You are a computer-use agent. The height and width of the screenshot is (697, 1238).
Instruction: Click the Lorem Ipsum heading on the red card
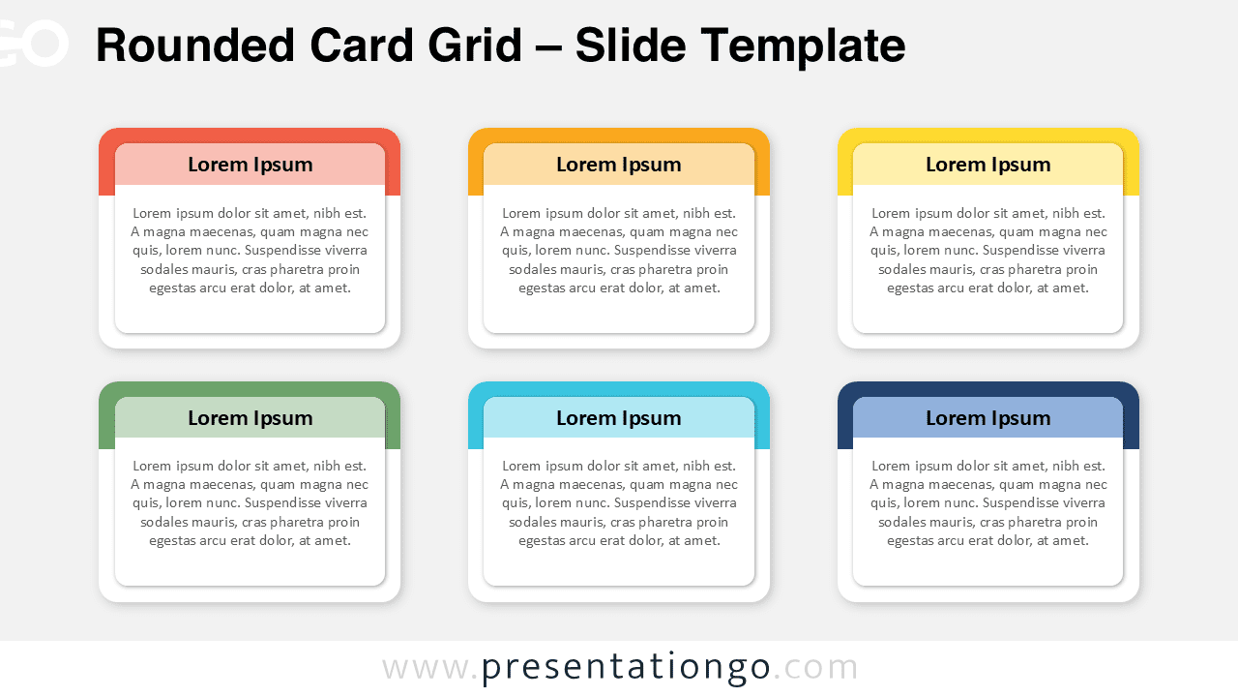tap(250, 165)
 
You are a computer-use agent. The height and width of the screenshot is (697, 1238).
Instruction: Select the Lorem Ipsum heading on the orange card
tap(619, 165)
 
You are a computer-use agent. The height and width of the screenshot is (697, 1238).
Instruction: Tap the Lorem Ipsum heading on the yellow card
tap(987, 165)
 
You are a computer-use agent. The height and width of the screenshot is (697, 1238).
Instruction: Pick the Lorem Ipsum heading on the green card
tap(250, 418)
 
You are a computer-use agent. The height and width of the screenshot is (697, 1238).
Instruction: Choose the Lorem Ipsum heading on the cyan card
tap(619, 418)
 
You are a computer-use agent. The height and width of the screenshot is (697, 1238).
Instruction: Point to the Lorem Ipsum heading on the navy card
tap(987, 418)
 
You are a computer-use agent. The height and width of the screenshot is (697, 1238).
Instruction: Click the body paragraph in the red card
tap(250, 251)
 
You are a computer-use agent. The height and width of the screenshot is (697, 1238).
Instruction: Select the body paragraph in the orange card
tap(619, 251)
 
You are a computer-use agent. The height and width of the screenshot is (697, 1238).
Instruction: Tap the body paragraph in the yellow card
tap(987, 251)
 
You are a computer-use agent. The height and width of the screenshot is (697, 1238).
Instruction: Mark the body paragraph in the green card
tap(250, 503)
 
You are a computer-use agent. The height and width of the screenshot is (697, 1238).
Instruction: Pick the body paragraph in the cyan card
tap(619, 503)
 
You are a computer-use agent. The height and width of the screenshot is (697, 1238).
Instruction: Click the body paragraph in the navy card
tap(987, 503)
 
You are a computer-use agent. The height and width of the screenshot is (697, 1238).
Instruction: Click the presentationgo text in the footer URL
tap(626, 668)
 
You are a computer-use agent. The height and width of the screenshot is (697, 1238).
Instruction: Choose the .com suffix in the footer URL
tap(815, 668)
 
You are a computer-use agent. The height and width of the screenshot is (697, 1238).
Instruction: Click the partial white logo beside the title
tap(33, 44)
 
